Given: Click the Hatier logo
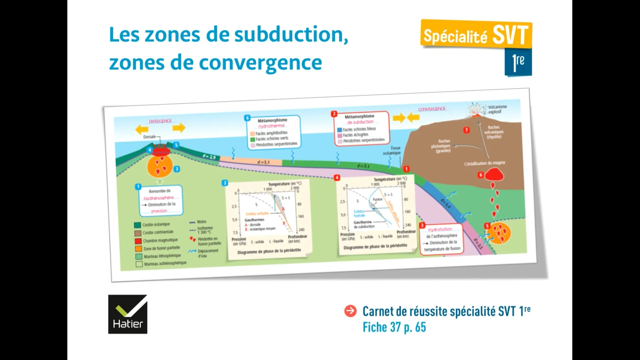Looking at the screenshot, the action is tap(128, 314).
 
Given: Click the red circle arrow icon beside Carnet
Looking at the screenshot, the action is tap(350, 311).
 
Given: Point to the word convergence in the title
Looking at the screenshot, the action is tap(260, 62).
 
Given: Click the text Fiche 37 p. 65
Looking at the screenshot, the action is tap(394, 327).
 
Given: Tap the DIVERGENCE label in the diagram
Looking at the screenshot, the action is tap(160, 121).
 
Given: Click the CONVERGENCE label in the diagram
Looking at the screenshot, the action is tap(432, 109).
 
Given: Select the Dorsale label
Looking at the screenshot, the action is tap(150, 137).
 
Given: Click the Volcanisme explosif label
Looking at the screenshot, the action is tap(497, 109).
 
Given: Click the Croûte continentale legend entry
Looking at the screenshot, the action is tap(158, 232).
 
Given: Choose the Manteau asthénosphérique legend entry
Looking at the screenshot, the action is tap(165, 263).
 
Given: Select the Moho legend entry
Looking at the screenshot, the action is tap(201, 222).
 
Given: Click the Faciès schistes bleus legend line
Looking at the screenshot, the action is tap(359, 129).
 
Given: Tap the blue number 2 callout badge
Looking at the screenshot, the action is tap(225, 183).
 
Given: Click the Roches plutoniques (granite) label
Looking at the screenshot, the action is tap(441, 146).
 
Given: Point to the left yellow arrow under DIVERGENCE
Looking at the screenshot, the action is tap(142, 129).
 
